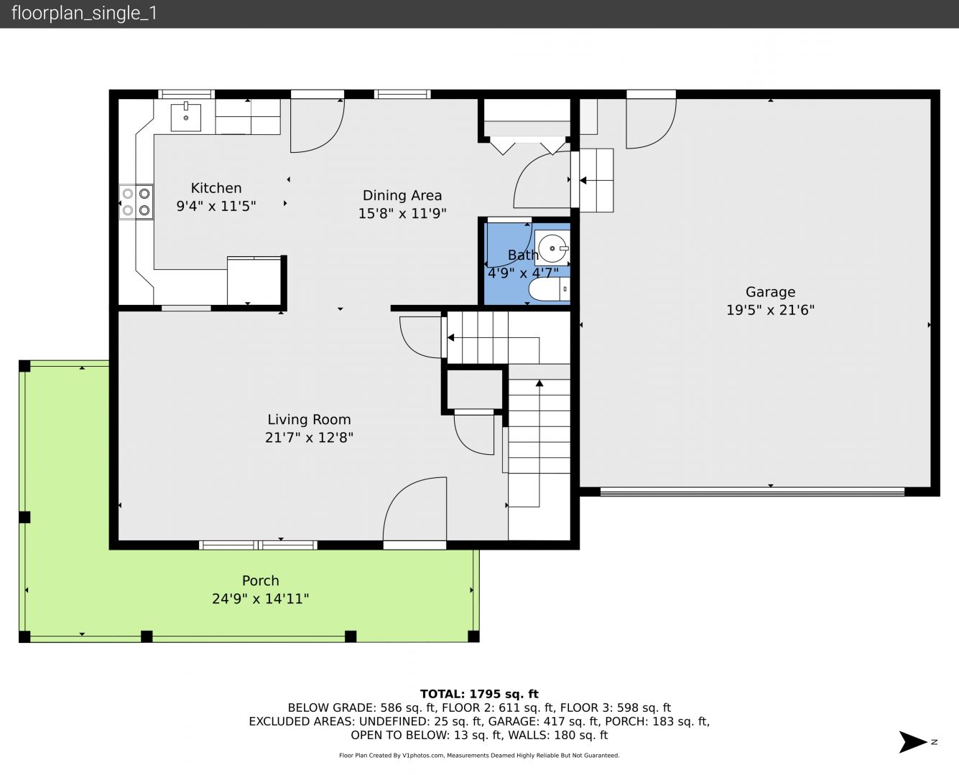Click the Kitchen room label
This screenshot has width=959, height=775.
pyautogui.click(x=216, y=188)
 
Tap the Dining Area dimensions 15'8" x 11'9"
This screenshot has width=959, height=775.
pyautogui.click(x=402, y=213)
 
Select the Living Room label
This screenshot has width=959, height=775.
pyautogui.click(x=309, y=420)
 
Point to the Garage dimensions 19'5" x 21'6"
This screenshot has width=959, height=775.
pyautogui.click(x=770, y=311)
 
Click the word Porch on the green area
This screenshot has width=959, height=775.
pyautogui.click(x=260, y=581)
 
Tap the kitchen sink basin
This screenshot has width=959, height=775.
pyautogui.click(x=185, y=116)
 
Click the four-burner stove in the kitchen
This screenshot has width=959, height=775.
pyautogui.click(x=136, y=202)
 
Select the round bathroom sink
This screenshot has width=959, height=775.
pyautogui.click(x=552, y=248)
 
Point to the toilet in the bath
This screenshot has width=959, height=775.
pyautogui.click(x=549, y=289)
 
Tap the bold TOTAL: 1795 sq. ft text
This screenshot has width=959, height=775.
pyautogui.click(x=479, y=694)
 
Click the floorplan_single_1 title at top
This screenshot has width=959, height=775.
pyautogui.click(x=84, y=14)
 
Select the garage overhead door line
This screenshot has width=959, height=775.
pyautogui.click(x=752, y=491)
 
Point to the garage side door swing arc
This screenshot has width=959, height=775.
pyautogui.click(x=667, y=134)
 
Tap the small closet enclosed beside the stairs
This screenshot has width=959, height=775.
pyautogui.click(x=475, y=389)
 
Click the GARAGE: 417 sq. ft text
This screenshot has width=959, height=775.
pyautogui.click(x=544, y=721)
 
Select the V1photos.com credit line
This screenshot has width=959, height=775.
pyautogui.click(x=479, y=755)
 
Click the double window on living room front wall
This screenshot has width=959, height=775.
pyautogui.click(x=258, y=545)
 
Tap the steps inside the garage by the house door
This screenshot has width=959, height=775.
pyautogui.click(x=596, y=180)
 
